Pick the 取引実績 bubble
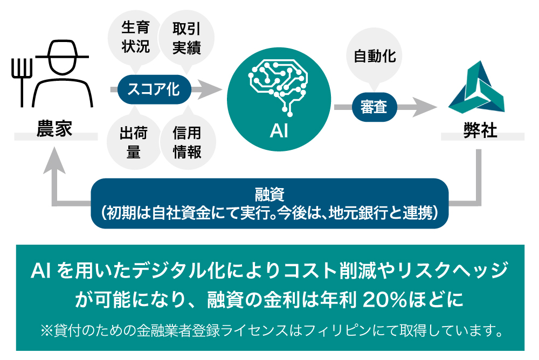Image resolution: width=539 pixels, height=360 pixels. click(186, 37)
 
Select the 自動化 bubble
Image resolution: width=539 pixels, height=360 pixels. click(375, 56)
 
